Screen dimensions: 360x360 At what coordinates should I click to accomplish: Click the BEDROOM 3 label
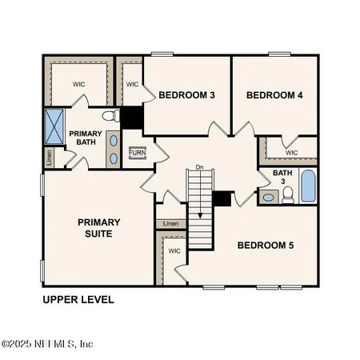(186, 95)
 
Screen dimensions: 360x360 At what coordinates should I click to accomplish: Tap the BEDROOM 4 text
(274, 95)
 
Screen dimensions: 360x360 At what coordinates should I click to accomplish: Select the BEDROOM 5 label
(266, 245)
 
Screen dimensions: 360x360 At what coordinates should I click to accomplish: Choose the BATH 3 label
(282, 176)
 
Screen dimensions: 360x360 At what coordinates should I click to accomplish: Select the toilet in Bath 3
(288, 195)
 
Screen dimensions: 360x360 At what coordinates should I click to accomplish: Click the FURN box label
(138, 152)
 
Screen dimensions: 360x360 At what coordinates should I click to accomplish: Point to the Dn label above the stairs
(199, 168)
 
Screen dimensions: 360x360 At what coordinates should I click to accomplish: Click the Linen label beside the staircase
(170, 224)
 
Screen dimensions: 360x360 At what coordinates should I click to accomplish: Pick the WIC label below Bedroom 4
(291, 152)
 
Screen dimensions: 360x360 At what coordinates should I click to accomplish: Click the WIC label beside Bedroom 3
(133, 84)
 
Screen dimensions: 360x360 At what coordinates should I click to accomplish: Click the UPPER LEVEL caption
(78, 300)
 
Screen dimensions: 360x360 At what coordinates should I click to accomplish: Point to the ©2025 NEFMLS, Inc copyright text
(48, 344)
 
